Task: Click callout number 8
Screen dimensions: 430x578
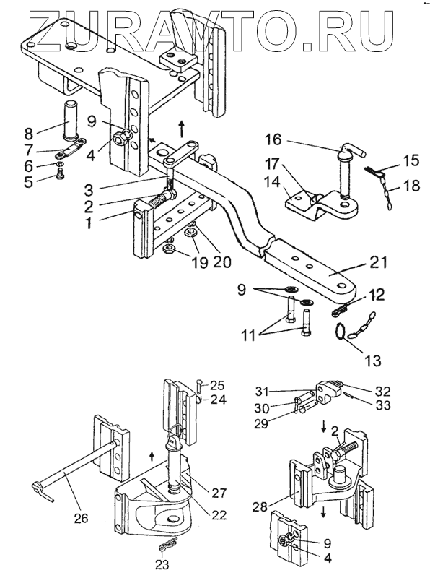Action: coord(29,133)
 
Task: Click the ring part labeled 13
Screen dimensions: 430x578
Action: coord(340,330)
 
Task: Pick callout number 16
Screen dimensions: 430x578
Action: coord(273,139)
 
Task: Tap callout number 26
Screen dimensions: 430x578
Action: coord(81,518)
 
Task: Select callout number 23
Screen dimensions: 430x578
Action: coord(162,564)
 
